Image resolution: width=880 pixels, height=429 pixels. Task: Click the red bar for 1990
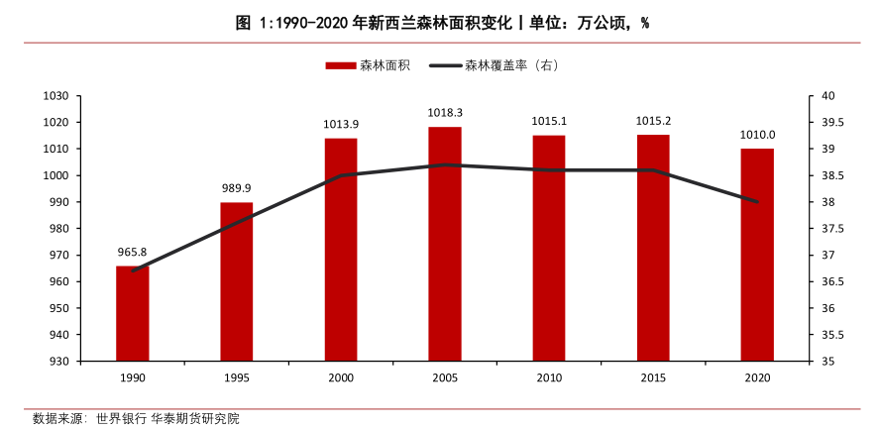tap(132, 313)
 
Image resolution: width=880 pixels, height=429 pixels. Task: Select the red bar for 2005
tap(445, 244)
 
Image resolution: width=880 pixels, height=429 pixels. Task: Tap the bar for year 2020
tap(757, 255)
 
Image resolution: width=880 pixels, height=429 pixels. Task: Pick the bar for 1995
tap(236, 281)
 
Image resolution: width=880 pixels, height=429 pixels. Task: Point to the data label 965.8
tap(132, 252)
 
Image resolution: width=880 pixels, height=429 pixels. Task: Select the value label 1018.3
tap(445, 113)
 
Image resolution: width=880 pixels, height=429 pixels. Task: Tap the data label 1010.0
tap(757, 135)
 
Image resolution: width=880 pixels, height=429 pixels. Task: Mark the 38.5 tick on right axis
tap(832, 175)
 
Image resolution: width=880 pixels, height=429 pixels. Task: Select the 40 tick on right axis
tap(826, 96)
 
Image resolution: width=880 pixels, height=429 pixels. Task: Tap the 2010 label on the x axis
tap(549, 378)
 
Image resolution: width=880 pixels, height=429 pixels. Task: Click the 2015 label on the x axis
tap(653, 378)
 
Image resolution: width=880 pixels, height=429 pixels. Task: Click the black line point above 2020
tap(757, 202)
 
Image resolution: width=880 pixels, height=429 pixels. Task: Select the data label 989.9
tap(236, 188)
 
